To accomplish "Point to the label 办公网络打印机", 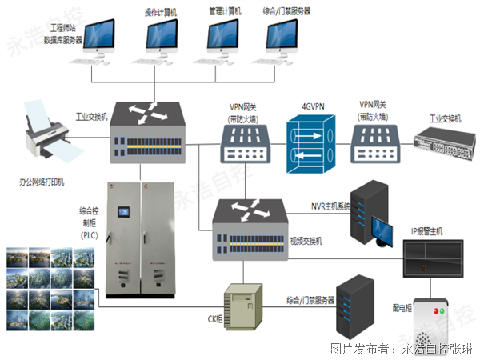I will click(47, 182).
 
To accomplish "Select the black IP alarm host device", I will click(430, 261).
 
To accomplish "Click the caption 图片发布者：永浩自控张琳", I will click(401, 349).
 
